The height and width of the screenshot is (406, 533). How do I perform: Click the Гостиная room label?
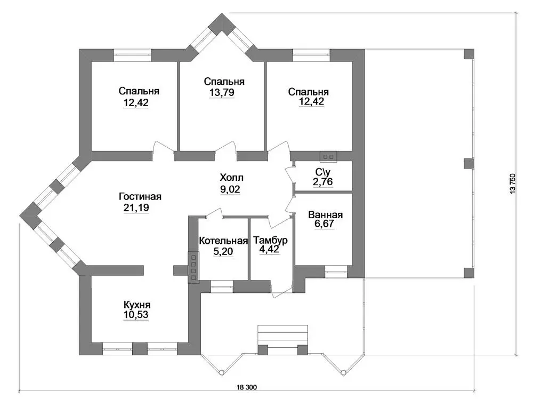pyautogui.click(x=140, y=197)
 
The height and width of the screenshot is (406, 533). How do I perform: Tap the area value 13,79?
pyautogui.click(x=222, y=92)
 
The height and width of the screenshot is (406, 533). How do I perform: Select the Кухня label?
pyautogui.click(x=136, y=304)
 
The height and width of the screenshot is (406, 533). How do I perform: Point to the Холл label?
pyautogui.click(x=231, y=178)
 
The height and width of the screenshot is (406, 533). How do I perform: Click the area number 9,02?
pyautogui.click(x=230, y=189)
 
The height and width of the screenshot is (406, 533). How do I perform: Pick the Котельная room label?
pyautogui.click(x=223, y=241)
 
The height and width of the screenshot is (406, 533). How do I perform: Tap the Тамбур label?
pyautogui.click(x=271, y=240)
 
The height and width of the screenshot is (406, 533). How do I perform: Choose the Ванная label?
pyautogui.click(x=325, y=215)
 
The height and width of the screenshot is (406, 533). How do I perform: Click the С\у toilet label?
pyautogui.click(x=322, y=172)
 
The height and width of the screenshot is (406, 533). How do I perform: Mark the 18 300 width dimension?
pyautogui.click(x=246, y=387)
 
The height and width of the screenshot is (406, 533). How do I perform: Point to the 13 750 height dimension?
pyautogui.click(x=513, y=184)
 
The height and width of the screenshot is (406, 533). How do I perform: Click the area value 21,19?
pyautogui.click(x=136, y=208)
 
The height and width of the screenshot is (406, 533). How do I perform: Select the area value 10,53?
pyautogui.click(x=136, y=315)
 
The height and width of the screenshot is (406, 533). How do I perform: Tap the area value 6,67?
pyautogui.click(x=324, y=224)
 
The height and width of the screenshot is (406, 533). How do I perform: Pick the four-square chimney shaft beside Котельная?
pyautogui.click(x=193, y=267)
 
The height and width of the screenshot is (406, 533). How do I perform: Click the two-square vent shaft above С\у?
pyautogui.click(x=328, y=156)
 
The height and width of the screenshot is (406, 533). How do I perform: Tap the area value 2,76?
pyautogui.click(x=322, y=182)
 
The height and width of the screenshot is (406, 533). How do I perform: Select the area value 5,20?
pyautogui.click(x=223, y=252)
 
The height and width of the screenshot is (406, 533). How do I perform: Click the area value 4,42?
pyautogui.click(x=270, y=250)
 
